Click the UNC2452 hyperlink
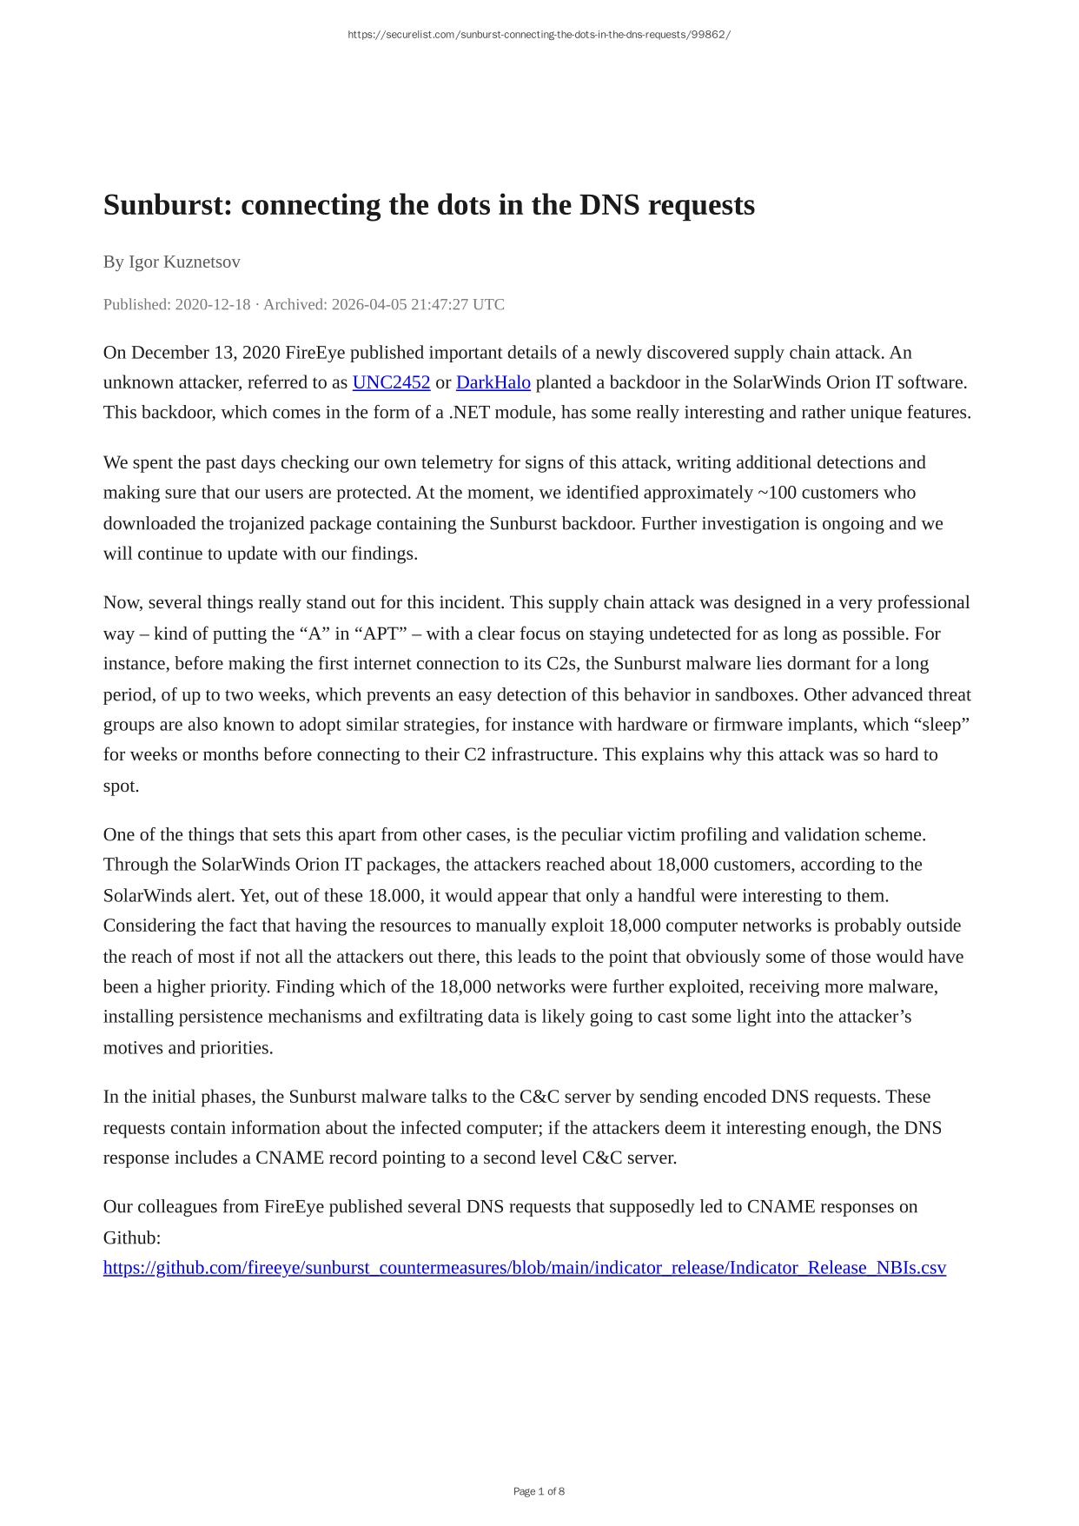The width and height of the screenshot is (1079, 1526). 391,382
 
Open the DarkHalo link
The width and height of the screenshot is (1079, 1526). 493,382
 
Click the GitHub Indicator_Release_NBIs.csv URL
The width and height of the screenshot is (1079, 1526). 524,1267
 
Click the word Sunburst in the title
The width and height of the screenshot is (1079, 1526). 167,205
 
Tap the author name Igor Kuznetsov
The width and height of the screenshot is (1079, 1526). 184,262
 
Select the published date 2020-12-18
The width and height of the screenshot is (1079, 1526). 212,304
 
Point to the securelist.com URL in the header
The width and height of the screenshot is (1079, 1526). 539,35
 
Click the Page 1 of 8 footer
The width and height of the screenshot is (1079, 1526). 539,1491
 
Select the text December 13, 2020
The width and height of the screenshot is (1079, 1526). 205,352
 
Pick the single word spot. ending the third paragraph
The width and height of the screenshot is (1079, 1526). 121,786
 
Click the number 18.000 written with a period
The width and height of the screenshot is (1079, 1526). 395,895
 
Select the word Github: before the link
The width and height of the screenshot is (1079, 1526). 132,1237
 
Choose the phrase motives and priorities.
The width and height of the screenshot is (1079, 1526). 188,1047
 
